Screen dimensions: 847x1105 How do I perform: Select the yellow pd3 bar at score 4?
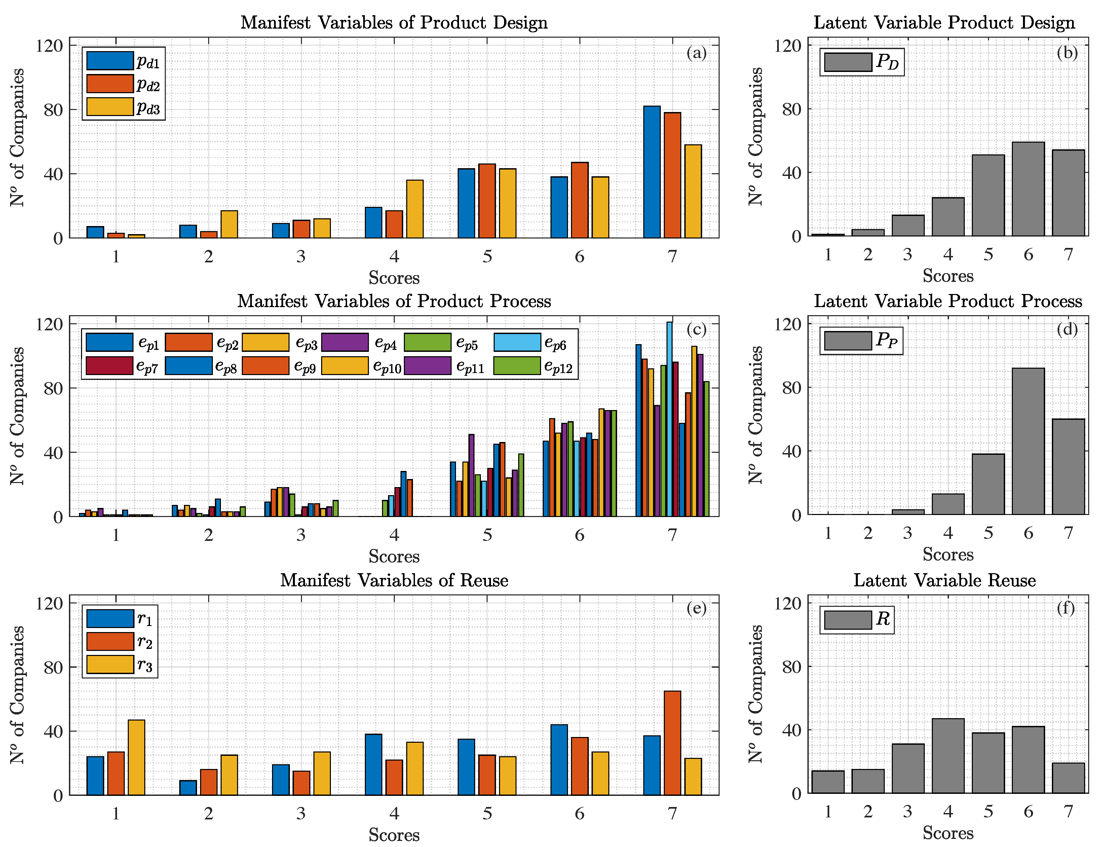[x=415, y=209]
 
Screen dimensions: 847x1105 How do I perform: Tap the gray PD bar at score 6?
[x=1028, y=189]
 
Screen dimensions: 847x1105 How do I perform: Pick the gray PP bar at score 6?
[x=1028, y=441]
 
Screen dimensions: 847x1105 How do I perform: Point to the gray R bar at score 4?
[x=948, y=756]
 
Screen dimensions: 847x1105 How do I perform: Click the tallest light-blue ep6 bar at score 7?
[x=669, y=418]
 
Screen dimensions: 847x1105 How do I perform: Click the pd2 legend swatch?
[x=110, y=84]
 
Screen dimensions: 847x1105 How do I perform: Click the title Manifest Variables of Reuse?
[x=394, y=580]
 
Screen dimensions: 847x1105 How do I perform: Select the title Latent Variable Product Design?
[x=944, y=23]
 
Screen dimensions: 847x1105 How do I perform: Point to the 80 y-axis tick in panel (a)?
[x=53, y=110]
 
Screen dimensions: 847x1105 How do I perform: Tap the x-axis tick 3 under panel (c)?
[x=301, y=535]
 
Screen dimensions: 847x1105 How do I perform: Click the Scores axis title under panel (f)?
[x=948, y=833]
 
